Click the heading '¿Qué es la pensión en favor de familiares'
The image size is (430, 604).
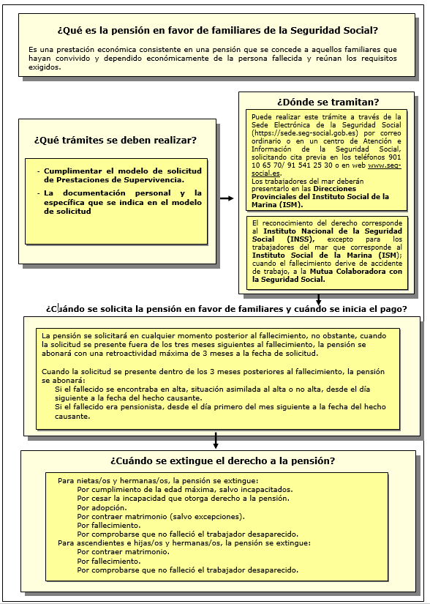click(x=216, y=31)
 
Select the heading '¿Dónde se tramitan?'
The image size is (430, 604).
click(x=328, y=102)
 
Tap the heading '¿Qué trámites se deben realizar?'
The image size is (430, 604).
click(x=115, y=140)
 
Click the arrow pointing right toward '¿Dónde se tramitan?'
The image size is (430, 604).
click(x=227, y=198)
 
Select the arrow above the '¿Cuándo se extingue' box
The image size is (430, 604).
click(x=216, y=440)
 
